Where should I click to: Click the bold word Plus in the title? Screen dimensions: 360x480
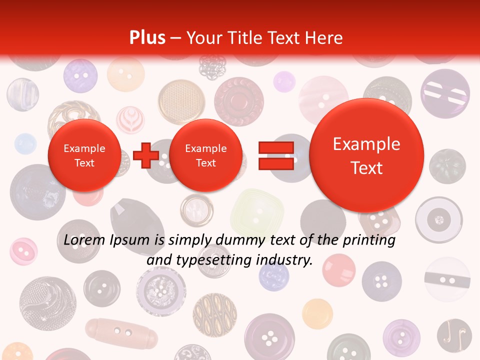(x=147, y=37)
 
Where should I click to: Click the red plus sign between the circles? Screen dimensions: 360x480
(x=146, y=155)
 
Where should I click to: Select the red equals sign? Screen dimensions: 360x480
(x=275, y=155)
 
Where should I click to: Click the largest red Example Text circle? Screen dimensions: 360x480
(x=366, y=155)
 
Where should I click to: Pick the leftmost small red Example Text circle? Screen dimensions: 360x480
(x=84, y=155)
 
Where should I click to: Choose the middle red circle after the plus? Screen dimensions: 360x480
(x=205, y=155)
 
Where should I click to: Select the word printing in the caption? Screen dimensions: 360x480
(x=369, y=240)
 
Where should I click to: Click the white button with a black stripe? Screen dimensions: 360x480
(x=447, y=279)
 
